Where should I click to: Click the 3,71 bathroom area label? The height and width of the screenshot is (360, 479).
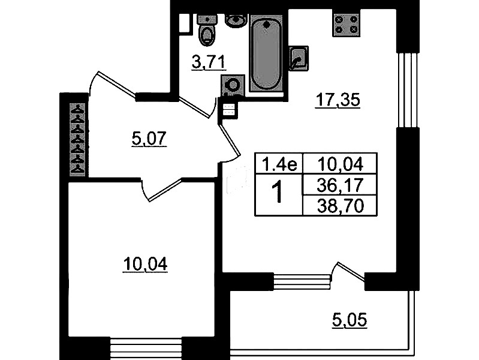[204, 61]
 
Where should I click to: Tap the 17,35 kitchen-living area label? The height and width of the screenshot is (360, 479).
[337, 101]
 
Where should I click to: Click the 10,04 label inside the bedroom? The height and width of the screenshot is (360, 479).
[144, 263]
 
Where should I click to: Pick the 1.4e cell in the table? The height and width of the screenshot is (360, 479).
[279, 162]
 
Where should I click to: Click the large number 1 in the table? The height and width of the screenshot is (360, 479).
[279, 194]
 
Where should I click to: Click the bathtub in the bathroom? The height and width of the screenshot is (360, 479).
[266, 54]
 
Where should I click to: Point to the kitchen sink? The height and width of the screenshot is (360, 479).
[297, 58]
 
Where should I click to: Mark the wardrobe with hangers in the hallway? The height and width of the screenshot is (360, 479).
[79, 140]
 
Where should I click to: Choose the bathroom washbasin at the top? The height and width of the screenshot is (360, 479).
[235, 20]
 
